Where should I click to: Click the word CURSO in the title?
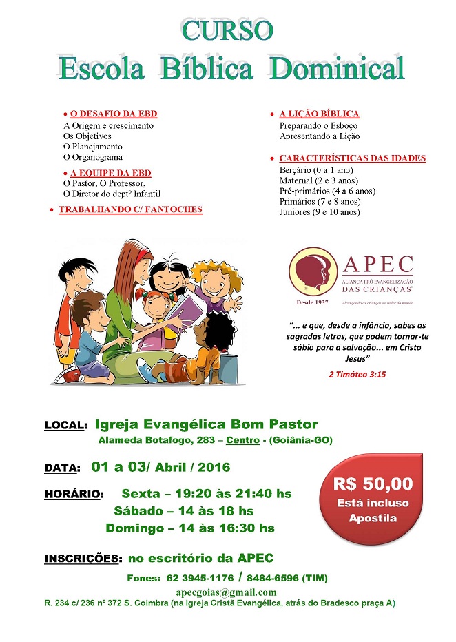click(228, 30)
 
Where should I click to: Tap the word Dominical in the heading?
click(337, 69)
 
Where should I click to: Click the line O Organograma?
click(92, 157)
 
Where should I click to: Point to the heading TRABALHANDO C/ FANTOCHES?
click(130, 209)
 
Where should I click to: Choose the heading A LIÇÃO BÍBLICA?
click(319, 114)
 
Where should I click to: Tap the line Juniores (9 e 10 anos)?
click(320, 212)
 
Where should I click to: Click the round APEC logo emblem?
click(313, 273)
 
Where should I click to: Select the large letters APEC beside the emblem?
click(377, 264)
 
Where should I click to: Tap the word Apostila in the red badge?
click(373, 518)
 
